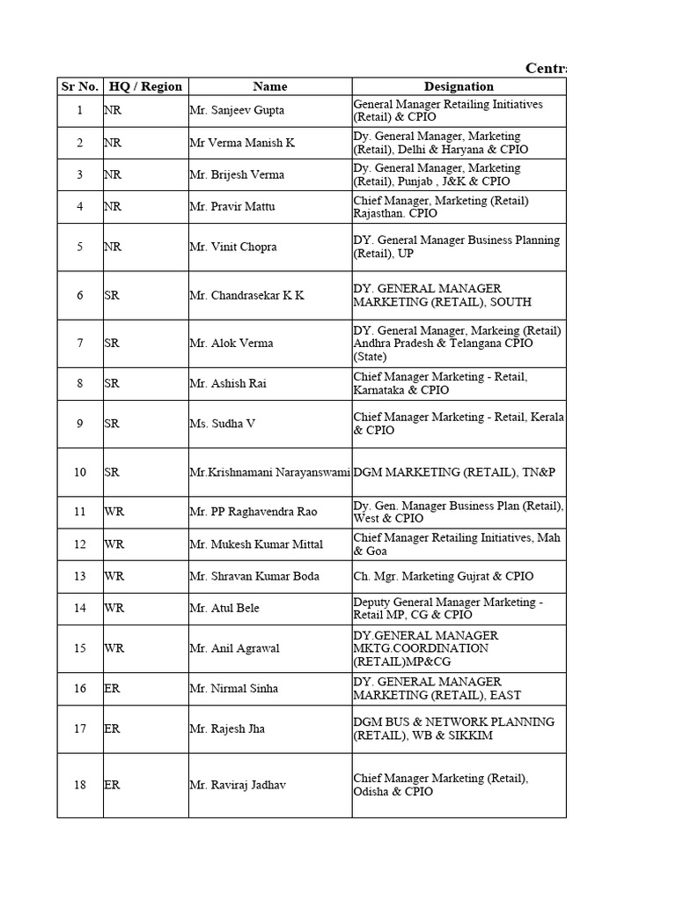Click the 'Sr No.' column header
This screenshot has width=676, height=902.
80,86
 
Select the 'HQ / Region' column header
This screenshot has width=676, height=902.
145,86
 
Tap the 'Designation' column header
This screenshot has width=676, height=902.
459,86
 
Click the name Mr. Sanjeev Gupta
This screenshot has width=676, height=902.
238,111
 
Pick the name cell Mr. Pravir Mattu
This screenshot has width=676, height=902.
231,207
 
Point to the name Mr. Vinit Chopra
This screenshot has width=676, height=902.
233,247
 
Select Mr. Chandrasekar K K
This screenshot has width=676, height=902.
246,295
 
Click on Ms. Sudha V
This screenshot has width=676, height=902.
223,424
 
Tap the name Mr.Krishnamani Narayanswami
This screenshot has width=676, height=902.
270,472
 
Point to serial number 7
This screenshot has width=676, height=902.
80,344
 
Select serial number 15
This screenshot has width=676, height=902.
80,648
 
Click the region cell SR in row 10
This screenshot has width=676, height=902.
112,472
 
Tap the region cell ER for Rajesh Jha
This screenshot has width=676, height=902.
112,728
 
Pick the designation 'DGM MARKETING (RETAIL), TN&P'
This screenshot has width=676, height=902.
454,472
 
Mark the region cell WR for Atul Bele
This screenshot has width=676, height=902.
114,609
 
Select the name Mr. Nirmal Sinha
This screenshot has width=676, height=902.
233,688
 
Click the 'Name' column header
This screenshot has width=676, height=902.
270,86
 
